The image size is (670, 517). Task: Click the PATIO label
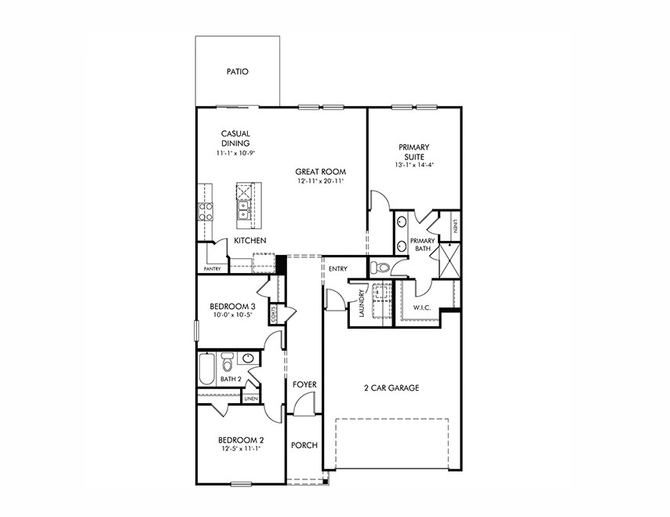coord(237,71)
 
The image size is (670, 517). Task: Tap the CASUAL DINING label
coord(235,138)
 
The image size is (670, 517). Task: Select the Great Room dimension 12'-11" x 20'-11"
coord(320,181)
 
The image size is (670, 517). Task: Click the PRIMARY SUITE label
coord(413,151)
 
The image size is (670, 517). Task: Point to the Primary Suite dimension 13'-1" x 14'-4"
coord(413,166)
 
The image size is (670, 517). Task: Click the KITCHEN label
coord(249,240)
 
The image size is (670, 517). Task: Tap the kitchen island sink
coord(243,209)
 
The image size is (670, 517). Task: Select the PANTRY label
coord(212,269)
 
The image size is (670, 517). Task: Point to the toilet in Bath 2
coord(228,363)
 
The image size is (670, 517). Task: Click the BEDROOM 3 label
coord(232,306)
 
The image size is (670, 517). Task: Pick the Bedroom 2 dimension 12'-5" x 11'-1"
coord(240,448)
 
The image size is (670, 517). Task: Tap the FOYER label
coord(304,384)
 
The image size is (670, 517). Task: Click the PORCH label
coord(304,445)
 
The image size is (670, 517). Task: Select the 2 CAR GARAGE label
coord(391,388)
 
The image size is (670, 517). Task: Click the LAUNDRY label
coord(360,303)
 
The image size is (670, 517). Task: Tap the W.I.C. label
coord(422,308)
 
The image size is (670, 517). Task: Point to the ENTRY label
coord(338,269)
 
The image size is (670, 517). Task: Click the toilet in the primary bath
coord(381,268)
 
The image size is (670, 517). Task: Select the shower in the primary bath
coord(449,257)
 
